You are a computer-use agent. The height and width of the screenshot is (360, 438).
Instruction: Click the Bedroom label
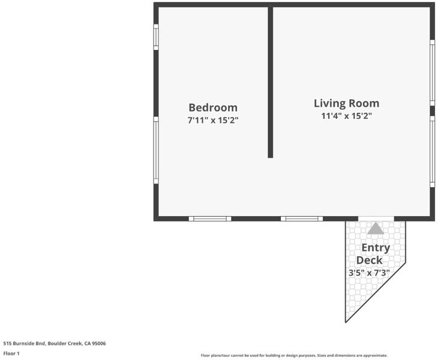tap(213, 107)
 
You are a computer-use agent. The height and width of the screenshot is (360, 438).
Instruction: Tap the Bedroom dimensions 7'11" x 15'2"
tap(213, 121)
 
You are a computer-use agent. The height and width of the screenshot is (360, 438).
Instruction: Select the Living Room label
tap(347, 103)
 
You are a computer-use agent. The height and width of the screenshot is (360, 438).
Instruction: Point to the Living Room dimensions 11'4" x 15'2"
tap(347, 116)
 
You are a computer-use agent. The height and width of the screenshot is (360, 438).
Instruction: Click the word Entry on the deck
tap(376, 248)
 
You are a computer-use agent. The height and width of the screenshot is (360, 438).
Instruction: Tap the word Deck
tap(369, 260)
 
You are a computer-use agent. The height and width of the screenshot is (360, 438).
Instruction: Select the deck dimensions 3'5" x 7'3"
tap(369, 272)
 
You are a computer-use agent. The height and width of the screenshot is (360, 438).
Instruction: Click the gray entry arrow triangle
tap(376, 228)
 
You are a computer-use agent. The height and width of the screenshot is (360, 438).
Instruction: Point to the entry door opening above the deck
tap(376, 218)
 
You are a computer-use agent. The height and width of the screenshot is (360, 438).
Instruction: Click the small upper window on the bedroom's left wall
tap(156, 37)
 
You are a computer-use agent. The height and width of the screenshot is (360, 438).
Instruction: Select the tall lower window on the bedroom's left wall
tap(156, 150)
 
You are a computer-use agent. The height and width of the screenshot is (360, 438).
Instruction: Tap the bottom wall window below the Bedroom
tap(210, 218)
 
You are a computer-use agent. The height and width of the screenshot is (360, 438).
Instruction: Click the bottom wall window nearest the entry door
tap(302, 218)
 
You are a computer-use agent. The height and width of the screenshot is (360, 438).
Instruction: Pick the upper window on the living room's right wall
tap(432, 73)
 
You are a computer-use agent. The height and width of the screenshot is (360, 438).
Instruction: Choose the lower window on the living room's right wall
tap(432, 151)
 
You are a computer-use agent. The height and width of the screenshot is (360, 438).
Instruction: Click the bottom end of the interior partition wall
tap(271, 158)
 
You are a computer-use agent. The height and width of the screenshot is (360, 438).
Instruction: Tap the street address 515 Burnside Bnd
tap(24, 343)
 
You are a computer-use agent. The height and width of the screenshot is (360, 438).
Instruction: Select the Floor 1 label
tap(11, 353)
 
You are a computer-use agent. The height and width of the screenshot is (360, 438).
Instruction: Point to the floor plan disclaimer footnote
tap(294, 356)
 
